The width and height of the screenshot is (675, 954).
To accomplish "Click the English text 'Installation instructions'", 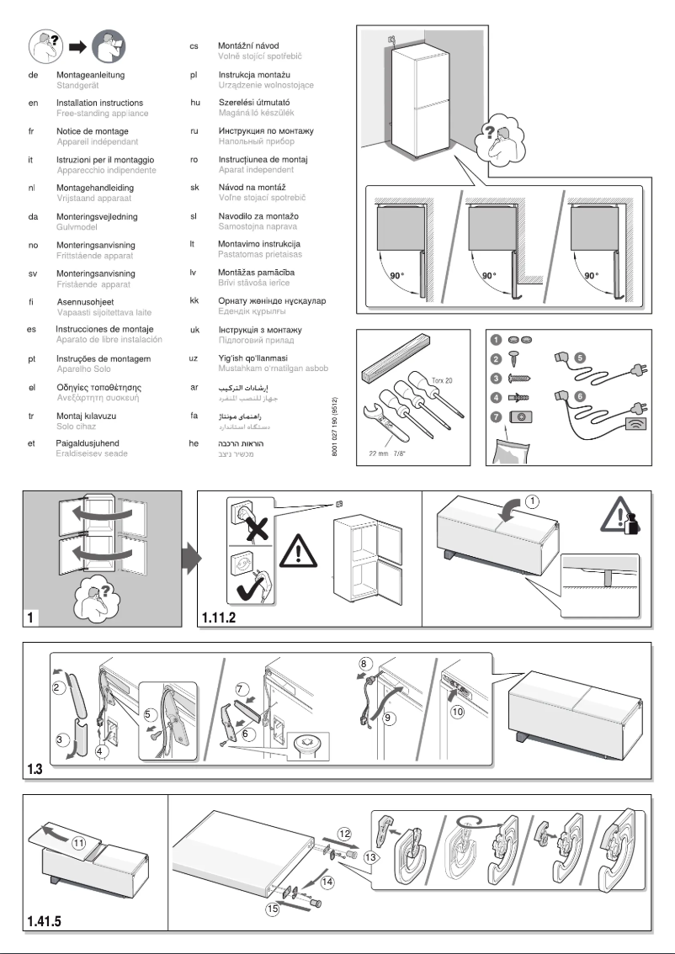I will (x=98, y=103).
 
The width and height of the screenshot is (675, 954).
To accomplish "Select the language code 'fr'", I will (x=30, y=131).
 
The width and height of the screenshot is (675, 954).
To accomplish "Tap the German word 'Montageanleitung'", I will (x=93, y=74).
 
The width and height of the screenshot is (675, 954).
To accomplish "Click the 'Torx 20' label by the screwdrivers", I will (x=443, y=381).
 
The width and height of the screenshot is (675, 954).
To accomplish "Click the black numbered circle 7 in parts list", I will (x=496, y=416).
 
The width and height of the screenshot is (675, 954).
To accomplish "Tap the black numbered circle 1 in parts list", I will (x=496, y=340).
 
